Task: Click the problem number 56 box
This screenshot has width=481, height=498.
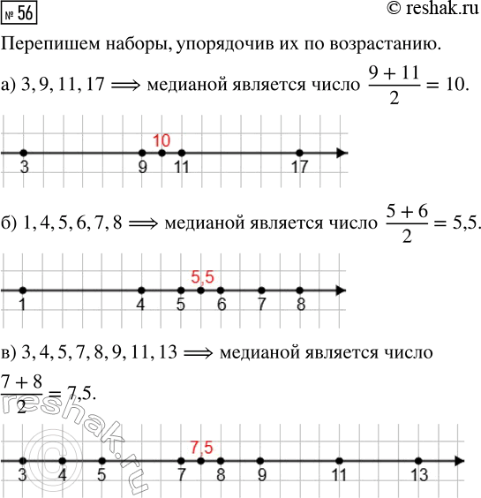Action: click(21, 11)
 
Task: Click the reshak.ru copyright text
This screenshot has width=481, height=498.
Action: click(426, 10)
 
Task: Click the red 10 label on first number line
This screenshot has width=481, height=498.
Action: click(161, 140)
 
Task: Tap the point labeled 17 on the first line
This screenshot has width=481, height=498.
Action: click(300, 154)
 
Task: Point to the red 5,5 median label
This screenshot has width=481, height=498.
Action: click(202, 253)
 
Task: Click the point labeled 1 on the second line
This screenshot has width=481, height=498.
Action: click(22, 266)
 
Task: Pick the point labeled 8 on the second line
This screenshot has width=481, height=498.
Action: click(300, 266)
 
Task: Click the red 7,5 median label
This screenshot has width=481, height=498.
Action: click(202, 447)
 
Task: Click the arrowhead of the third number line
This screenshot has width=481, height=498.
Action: click(459, 461)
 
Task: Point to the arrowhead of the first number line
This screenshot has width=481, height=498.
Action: click(343, 154)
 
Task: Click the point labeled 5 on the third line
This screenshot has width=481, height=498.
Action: click(102, 461)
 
